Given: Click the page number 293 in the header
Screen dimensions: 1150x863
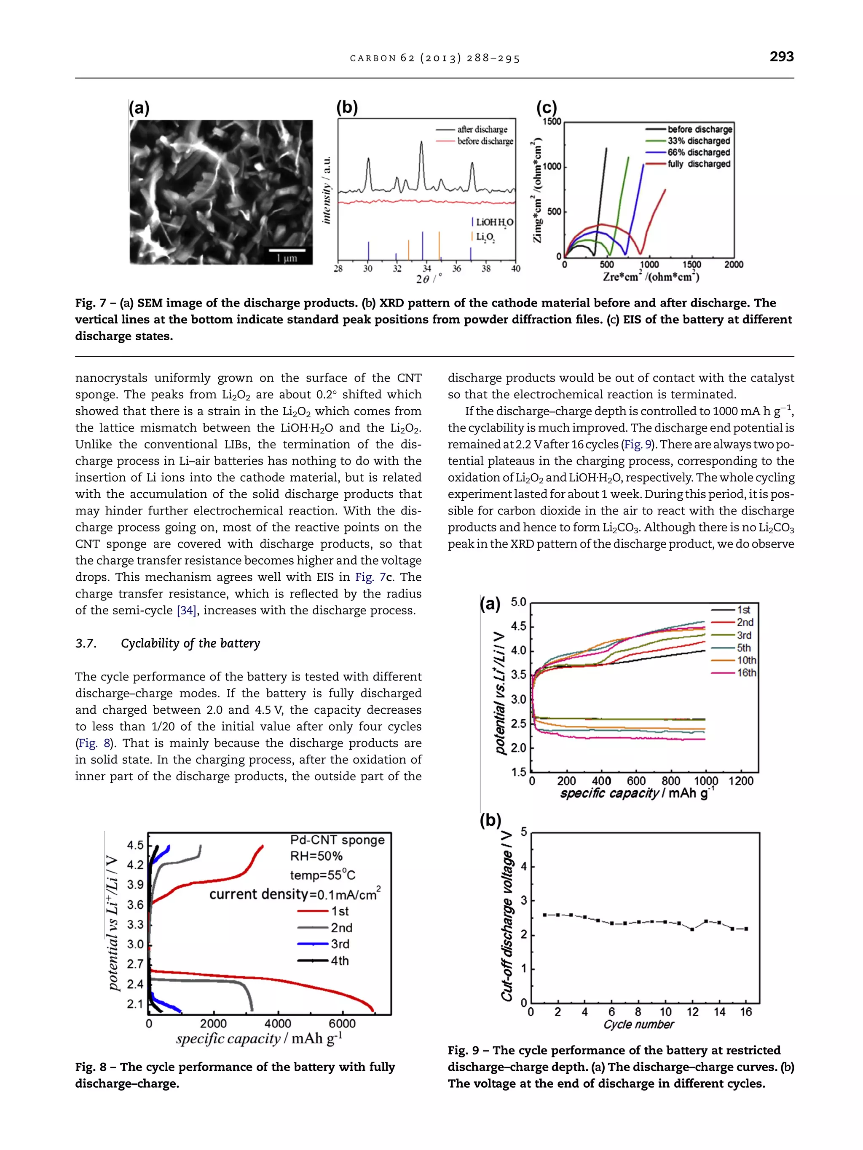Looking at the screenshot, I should click(x=781, y=57).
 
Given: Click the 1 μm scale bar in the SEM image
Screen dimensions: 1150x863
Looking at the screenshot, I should click(x=287, y=251).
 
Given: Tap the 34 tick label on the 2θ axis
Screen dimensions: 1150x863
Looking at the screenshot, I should click(x=426, y=269).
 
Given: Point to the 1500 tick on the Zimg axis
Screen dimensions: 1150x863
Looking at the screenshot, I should click(x=552, y=122).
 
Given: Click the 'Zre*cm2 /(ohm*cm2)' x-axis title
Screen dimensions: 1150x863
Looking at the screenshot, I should click(x=651, y=277).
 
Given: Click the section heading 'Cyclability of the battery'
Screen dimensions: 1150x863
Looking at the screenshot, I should click(x=190, y=643).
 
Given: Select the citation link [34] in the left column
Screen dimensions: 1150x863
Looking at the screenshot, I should click(x=186, y=610).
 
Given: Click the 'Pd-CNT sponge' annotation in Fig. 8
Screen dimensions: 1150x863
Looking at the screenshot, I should click(x=337, y=840).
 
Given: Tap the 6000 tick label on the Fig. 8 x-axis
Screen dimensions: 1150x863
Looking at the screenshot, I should click(x=342, y=1024).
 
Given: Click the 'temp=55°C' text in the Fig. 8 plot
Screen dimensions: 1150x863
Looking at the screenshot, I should click(x=322, y=875).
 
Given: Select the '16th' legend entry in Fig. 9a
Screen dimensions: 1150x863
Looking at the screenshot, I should click(x=746, y=673).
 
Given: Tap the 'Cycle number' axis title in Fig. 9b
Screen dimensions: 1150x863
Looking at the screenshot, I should click(x=638, y=1025).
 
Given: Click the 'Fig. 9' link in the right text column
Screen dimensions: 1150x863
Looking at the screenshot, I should click(x=637, y=445).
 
